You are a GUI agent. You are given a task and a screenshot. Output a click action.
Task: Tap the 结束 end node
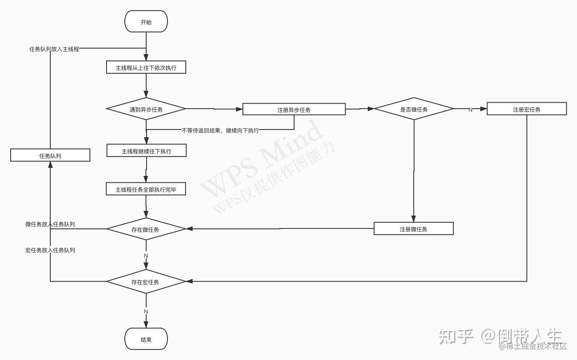coord(146,340)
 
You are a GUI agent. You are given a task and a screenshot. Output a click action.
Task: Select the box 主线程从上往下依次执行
coord(146,68)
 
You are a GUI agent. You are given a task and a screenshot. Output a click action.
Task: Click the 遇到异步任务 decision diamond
coord(146,109)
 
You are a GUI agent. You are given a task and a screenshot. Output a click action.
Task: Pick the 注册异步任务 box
coord(294,109)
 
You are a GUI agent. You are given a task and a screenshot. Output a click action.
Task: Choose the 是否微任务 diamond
coord(413,109)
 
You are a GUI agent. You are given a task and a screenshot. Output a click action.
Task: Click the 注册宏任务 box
coord(526,109)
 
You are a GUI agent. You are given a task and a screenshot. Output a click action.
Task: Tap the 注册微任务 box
coord(413,229)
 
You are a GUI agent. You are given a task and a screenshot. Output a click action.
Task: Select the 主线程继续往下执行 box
coord(146,151)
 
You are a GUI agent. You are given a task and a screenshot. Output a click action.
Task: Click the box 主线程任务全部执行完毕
coord(146,190)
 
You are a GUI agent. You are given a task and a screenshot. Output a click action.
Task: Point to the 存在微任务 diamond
coord(146,230)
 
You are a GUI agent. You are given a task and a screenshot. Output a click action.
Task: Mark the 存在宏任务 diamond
coord(146,282)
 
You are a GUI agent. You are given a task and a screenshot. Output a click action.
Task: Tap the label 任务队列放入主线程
coord(54,49)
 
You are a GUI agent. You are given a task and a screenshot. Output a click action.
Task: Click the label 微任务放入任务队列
coord(50,224)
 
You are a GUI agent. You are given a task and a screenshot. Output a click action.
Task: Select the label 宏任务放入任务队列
coord(50,250)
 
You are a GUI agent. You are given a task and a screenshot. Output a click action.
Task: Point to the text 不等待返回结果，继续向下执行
coord(220,130)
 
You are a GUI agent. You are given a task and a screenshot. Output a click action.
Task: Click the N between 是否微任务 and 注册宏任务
coord(470,109)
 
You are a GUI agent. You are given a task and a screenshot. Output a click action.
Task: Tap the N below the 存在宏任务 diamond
coord(146,311)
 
